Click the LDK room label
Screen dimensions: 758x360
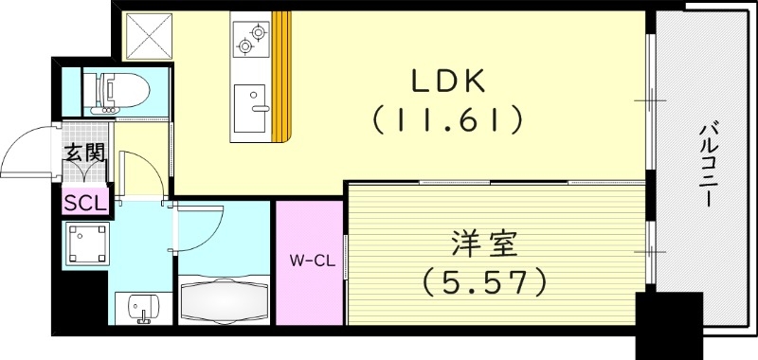click(447, 83)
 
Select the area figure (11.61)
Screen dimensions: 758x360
click(447, 120)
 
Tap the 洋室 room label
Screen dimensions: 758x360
click(483, 245)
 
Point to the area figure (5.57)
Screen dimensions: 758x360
click(485, 281)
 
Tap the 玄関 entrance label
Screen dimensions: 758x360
click(83, 151)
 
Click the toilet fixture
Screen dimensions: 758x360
click(118, 91)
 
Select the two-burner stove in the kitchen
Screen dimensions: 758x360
click(249, 39)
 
